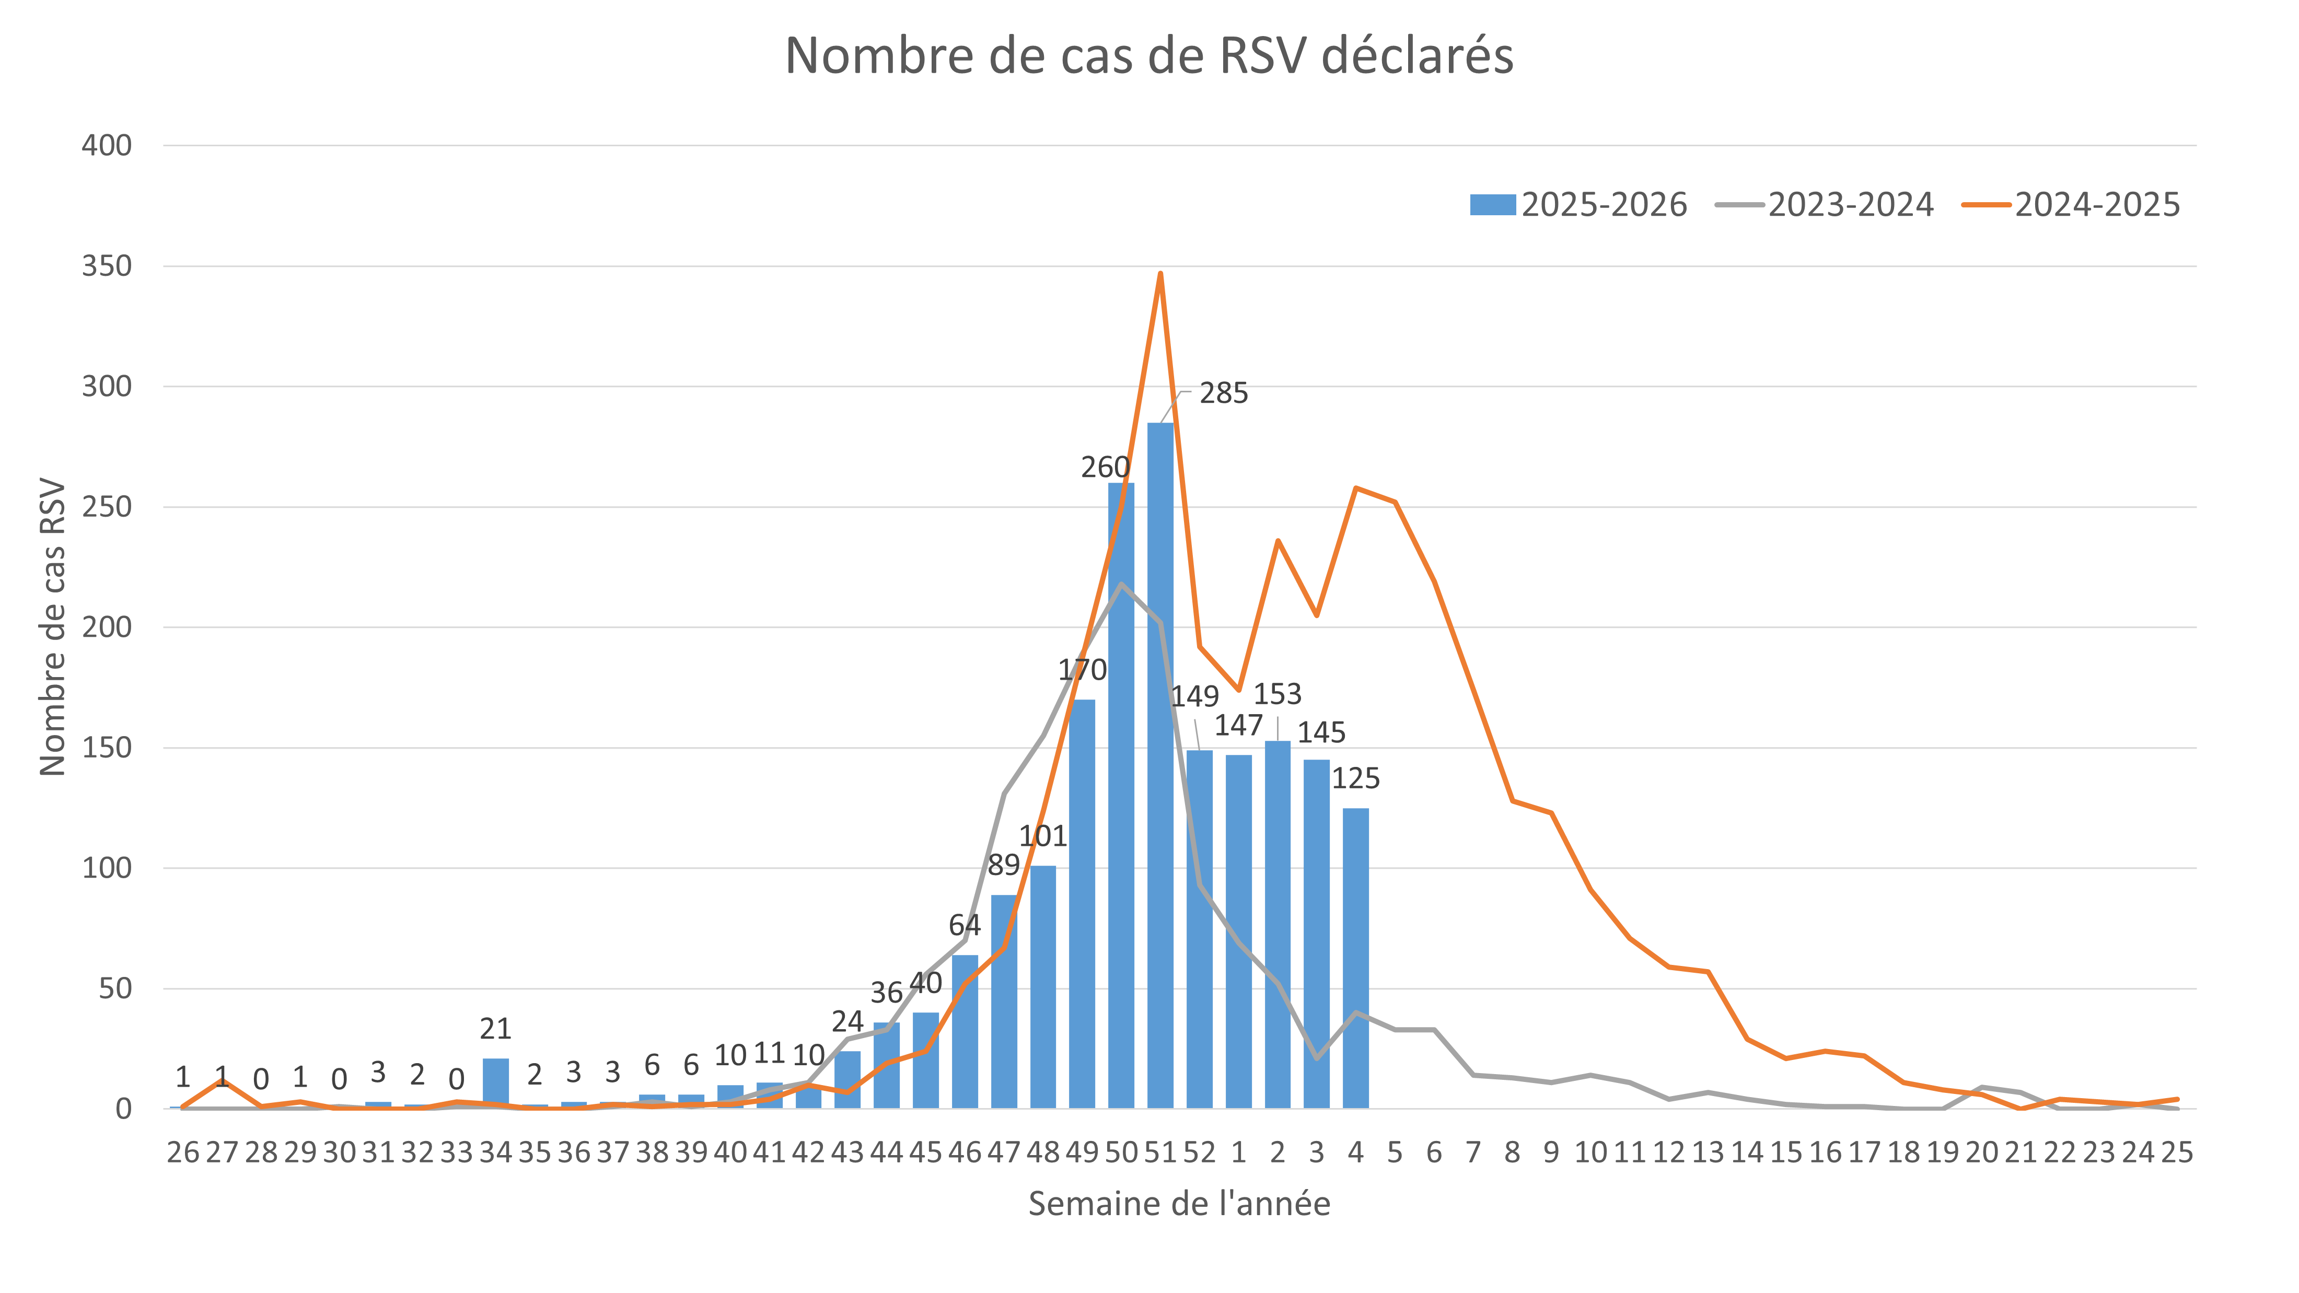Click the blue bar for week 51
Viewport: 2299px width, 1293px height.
pyautogui.click(x=1160, y=767)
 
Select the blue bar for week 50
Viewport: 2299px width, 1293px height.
pyautogui.click(x=1121, y=794)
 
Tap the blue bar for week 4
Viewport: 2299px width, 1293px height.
pyautogui.click(x=1356, y=959)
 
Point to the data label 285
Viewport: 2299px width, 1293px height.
pyautogui.click(x=1223, y=393)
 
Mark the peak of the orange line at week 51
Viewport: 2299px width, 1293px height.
pyautogui.click(x=1160, y=273)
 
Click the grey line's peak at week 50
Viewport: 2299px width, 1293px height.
pyautogui.click(x=1121, y=585)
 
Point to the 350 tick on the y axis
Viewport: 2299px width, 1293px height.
pyautogui.click(x=107, y=266)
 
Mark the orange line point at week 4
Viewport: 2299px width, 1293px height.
pyautogui.click(x=1356, y=488)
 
